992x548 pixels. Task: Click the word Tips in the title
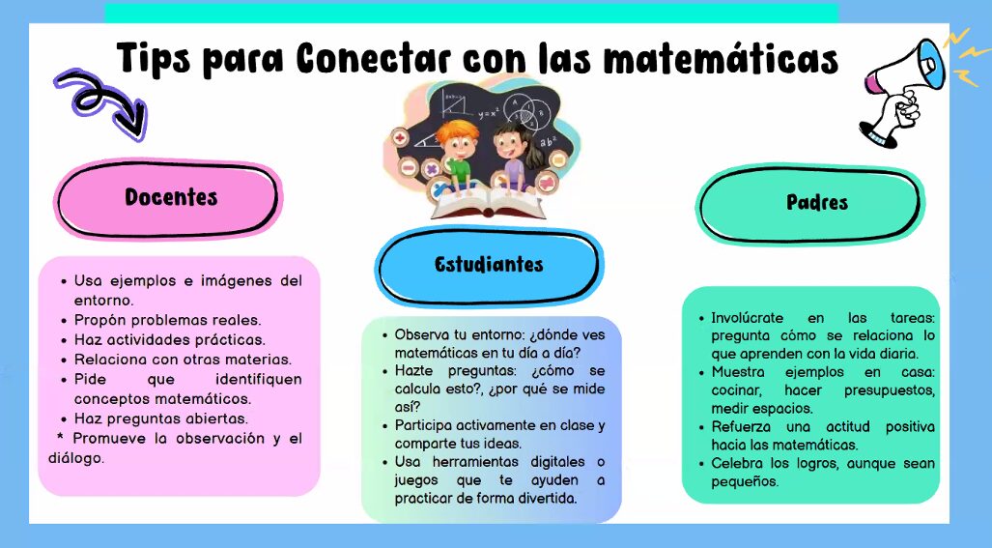pyautogui.click(x=154, y=58)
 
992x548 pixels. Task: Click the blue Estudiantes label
pyautogui.click(x=489, y=265)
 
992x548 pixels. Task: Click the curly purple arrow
pyautogui.click(x=101, y=102)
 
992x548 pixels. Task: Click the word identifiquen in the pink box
pyautogui.click(x=259, y=379)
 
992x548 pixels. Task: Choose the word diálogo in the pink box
pyautogui.click(x=76, y=458)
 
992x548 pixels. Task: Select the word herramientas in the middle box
pyautogui.click(x=475, y=462)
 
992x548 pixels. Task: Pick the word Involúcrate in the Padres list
pyautogui.click(x=748, y=318)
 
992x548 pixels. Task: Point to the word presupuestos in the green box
pyautogui.click(x=889, y=391)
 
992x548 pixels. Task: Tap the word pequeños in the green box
pyautogui.click(x=745, y=482)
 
